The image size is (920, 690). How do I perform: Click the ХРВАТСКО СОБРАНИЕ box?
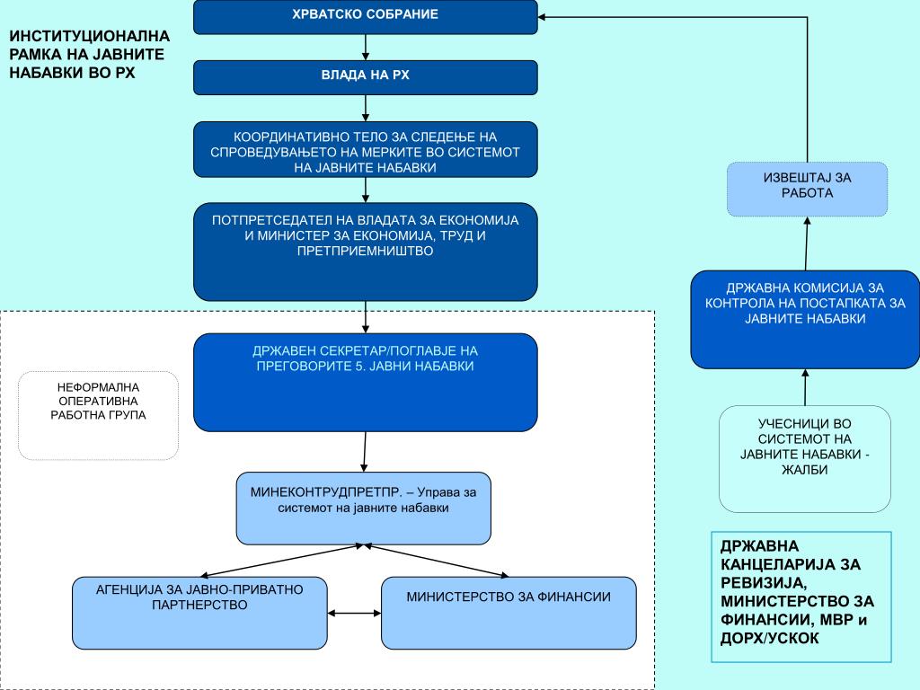[x=366, y=16]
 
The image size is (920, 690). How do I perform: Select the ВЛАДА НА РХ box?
[x=366, y=77]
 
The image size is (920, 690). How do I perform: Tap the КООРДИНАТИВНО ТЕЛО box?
[x=366, y=150]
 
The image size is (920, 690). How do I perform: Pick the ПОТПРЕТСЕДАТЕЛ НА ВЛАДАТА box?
[x=366, y=252]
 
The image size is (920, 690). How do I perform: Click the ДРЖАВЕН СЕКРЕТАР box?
[x=366, y=383]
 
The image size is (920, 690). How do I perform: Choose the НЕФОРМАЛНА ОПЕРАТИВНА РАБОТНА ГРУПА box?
[x=98, y=415]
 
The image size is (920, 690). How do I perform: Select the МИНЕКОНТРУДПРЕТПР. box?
[x=364, y=509]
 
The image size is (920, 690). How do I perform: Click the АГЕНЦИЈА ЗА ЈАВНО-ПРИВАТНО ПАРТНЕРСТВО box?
[x=199, y=613]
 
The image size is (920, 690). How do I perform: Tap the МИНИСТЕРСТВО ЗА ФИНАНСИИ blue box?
[x=509, y=613]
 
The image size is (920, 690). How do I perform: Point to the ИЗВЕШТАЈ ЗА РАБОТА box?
[x=808, y=189]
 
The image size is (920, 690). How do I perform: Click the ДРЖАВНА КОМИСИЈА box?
[x=805, y=320]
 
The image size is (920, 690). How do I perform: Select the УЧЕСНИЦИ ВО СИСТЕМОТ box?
[x=805, y=459]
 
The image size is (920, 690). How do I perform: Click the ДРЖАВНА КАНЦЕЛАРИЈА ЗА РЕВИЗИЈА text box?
[x=801, y=597]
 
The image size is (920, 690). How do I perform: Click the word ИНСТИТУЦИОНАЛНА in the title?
[x=89, y=36]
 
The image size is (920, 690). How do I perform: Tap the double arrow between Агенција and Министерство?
[x=354, y=613]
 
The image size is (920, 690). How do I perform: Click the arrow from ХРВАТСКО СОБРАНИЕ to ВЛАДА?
[x=366, y=47]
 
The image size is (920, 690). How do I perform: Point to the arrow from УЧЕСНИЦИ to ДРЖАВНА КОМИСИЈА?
[x=805, y=387]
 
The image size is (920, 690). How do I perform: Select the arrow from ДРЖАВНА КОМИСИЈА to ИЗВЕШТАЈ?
[x=807, y=243]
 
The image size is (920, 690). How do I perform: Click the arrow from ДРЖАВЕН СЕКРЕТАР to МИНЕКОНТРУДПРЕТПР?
[x=365, y=452]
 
